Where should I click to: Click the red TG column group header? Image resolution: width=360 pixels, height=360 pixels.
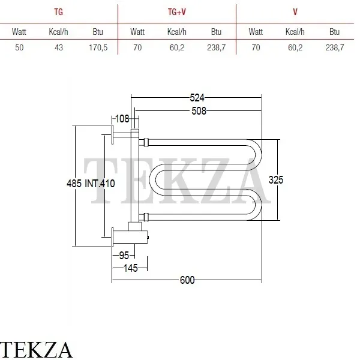coord(58,11)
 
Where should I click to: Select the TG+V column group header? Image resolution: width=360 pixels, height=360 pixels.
coord(176,11)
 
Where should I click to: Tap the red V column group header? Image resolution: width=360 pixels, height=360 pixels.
coord(295,11)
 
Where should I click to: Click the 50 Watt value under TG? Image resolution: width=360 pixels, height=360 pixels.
coord(19,48)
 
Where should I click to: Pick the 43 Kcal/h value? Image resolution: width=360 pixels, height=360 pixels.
coord(58,48)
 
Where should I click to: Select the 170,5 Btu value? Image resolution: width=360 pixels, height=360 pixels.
coord(97,48)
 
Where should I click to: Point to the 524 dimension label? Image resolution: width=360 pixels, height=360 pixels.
coord(196,97)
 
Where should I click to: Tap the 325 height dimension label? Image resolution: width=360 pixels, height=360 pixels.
coord(275,179)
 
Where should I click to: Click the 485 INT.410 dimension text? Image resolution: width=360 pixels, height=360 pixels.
coord(91,184)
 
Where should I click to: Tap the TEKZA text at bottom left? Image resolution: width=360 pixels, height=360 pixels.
coord(37,349)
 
